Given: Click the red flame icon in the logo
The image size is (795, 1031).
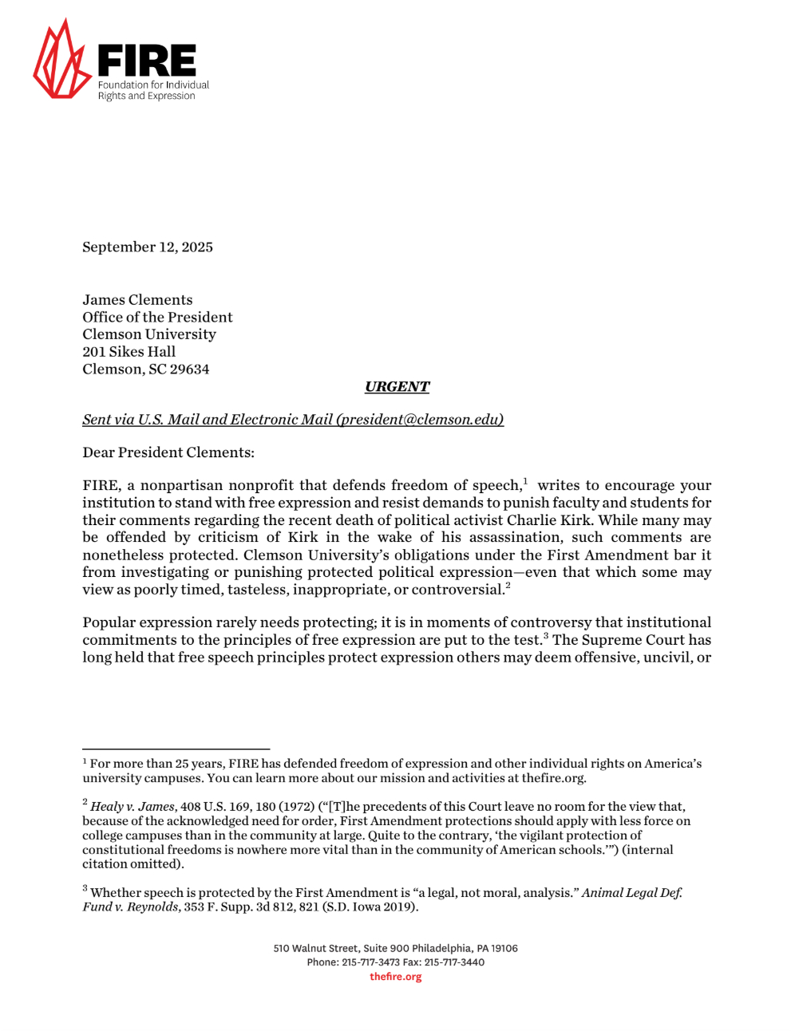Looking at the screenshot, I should click(61, 62).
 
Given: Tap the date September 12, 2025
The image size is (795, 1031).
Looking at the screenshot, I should click(148, 247).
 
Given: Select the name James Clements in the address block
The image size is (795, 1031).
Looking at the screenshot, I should click(137, 300).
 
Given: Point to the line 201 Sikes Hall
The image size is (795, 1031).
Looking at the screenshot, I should click(129, 352).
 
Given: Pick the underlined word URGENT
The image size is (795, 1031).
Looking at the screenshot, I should click(397, 387).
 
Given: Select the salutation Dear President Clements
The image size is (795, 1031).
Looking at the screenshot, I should click(168, 452).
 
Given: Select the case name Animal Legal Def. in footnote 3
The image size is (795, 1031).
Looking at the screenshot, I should click(631, 893).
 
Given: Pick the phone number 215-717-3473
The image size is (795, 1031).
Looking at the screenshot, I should click(370, 962).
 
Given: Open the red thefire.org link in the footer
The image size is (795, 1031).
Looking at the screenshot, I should click(395, 977).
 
